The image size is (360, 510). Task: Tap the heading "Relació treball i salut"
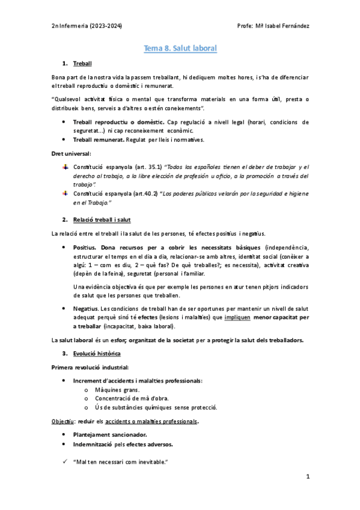106,220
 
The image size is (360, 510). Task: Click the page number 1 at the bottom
307,477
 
